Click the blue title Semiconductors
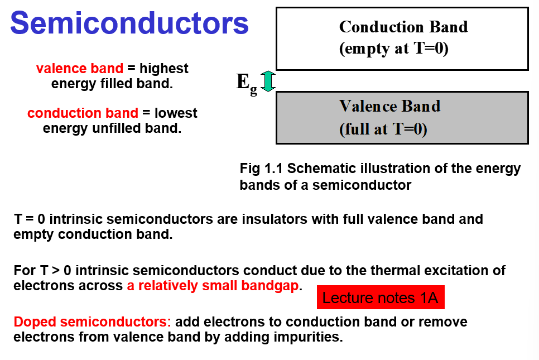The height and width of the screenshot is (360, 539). pyautogui.click(x=129, y=23)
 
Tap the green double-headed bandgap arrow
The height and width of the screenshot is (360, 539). pyautogui.click(x=268, y=81)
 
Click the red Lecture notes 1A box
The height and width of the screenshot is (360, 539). pyautogui.click(x=381, y=297)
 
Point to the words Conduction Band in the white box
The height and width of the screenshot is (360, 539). pyautogui.click(x=403, y=27)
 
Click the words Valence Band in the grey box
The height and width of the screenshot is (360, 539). pyautogui.click(x=389, y=106)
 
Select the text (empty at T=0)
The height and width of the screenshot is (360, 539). pyautogui.click(x=394, y=49)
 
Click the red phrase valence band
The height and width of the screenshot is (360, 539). pyautogui.click(x=79, y=69)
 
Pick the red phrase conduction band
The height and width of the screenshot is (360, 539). pyautogui.click(x=83, y=113)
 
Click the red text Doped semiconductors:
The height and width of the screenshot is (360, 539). pyautogui.click(x=93, y=322)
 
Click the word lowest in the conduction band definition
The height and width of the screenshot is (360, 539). pyautogui.click(x=176, y=113)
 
